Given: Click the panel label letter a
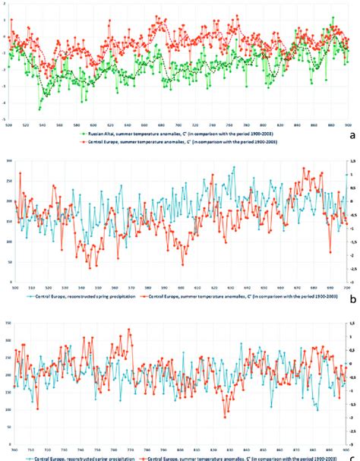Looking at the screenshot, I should (x=351, y=134).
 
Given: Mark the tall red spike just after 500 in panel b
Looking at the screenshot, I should (x=21, y=174).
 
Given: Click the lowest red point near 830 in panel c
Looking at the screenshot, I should (x=225, y=417).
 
